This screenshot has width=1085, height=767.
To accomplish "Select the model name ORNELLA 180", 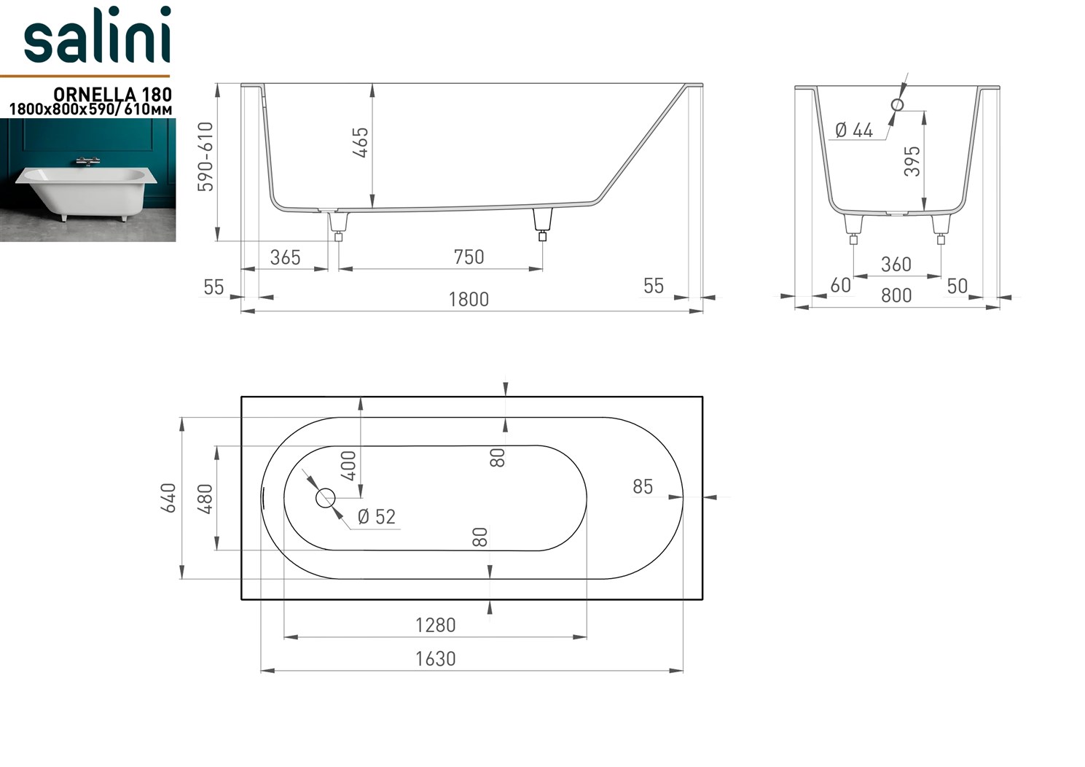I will coord(112,94).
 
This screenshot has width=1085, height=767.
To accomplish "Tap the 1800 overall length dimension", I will coord(469,300).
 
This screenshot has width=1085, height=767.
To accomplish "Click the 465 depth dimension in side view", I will coord(361,142).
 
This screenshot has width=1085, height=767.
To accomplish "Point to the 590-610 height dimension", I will coord(206,157).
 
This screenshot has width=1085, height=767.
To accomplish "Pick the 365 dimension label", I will coord(285,257).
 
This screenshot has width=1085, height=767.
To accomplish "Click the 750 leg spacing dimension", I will coord(469,257).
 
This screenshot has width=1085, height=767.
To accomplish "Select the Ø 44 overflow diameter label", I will coord(854,131).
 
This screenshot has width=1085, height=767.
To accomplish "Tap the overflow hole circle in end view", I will coord(897,104).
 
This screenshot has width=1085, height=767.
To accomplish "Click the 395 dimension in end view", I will coord(912,161).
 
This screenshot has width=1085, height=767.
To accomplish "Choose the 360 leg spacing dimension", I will coord(896,264).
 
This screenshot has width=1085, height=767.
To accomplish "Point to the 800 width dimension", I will coord(896,295).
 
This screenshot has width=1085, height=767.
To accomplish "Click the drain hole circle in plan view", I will coord(325,498).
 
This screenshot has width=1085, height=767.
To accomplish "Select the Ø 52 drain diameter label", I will coord(376,517).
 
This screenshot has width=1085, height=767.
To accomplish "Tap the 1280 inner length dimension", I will coord(435,625).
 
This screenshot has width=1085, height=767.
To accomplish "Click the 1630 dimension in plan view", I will coord(435,658).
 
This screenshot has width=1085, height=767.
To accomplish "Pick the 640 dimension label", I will coord(169,498).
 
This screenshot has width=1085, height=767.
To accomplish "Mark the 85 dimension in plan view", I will coord(642,486).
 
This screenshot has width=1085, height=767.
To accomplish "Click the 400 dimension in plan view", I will coord(349,465).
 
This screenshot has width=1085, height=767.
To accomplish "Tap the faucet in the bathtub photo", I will coord(88,160).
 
